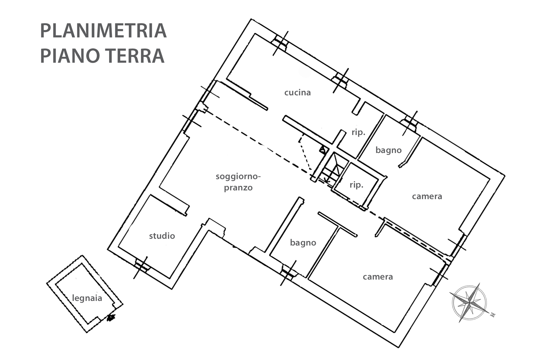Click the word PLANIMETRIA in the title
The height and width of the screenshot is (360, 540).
coord(103,31)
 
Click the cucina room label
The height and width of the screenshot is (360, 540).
coord(297,93)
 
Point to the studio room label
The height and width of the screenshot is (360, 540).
coord(162,236)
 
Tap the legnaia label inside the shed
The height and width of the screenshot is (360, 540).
coord(87,298)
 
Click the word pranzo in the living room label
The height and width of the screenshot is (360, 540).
coord(238,188)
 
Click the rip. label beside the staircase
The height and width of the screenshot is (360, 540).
coord(356,185)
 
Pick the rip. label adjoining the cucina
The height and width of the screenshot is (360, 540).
coord(358,132)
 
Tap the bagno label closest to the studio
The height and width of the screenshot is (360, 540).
coord(303,242)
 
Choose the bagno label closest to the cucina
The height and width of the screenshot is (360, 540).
coord(388,150)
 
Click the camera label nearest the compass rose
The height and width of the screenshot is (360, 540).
coord(378,277)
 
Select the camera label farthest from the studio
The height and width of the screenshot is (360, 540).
coord(427,196)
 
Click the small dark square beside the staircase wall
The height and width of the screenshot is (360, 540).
coord(322,150)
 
